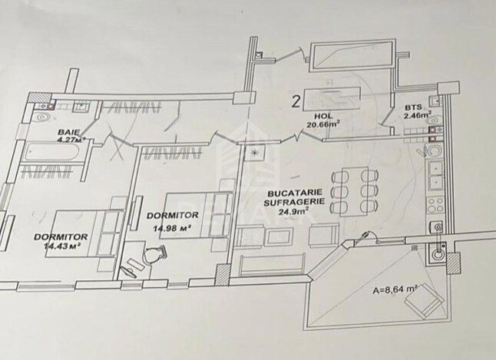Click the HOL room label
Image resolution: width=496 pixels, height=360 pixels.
[x=323, y=117]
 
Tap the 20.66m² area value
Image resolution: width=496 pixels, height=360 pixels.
[x=323, y=124]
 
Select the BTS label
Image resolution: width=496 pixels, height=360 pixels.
[x=413, y=108]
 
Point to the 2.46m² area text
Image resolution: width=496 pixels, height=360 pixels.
[x=418, y=115]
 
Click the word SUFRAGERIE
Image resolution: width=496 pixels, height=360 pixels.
[x=294, y=202]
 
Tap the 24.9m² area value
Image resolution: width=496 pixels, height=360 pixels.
[x=293, y=210]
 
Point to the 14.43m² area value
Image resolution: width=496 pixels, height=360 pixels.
[x=61, y=246]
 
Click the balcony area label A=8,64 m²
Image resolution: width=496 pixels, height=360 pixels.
[x=395, y=290]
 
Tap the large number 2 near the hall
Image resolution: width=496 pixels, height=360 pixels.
[x=296, y=102]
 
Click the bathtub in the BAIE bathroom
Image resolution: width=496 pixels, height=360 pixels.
[x=53, y=154]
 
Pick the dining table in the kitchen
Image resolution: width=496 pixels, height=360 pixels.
[x=354, y=191]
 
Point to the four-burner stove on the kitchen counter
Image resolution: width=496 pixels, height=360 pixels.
[x=435, y=205]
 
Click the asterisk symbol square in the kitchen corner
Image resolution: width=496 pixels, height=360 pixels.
[x=254, y=153]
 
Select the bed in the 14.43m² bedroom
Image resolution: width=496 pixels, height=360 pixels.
[x=84, y=233]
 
